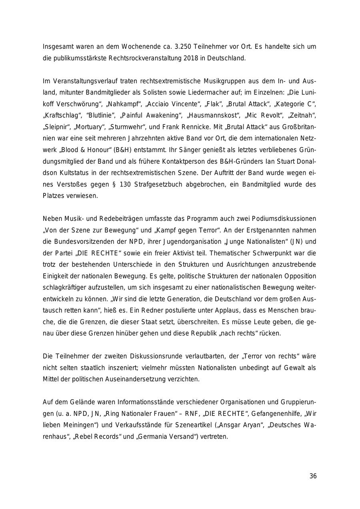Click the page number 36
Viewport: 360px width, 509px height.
point(313,476)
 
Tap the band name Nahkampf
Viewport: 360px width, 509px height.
point(125,104)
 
